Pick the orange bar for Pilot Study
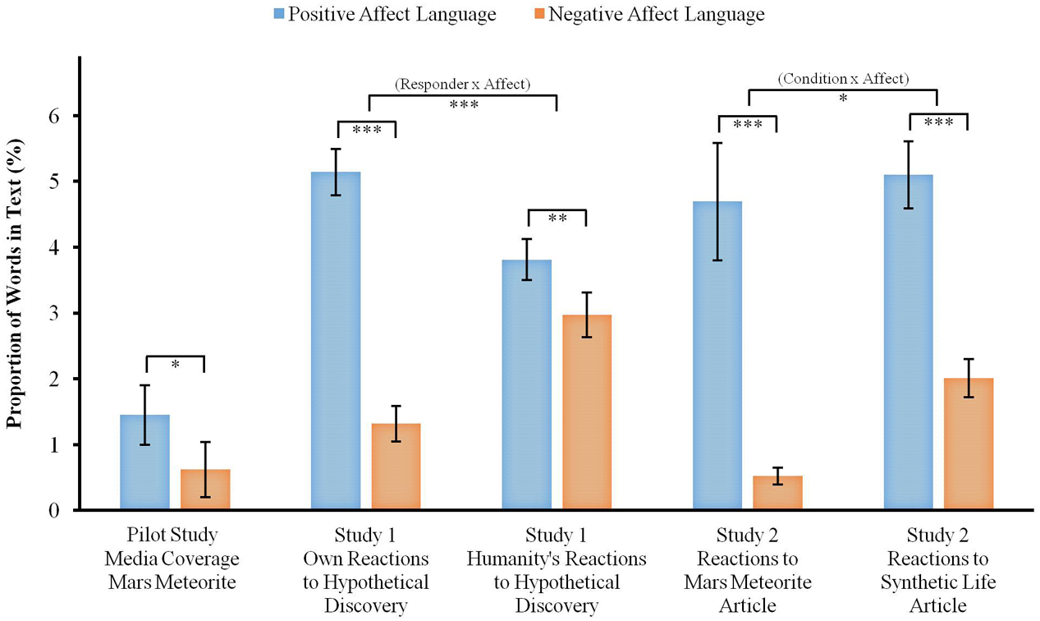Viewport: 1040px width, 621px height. (205, 490)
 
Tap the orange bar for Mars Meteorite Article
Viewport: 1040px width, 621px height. (777, 493)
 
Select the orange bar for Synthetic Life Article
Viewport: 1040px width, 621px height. (969, 444)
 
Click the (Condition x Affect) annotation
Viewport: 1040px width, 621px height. (843, 79)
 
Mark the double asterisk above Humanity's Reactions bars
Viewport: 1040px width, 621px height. (557, 218)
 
